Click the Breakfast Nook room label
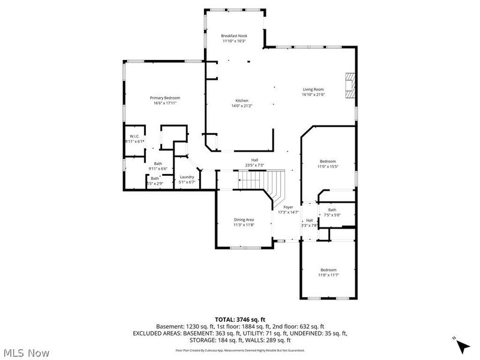(x=234, y=36)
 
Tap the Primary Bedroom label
(x=165, y=98)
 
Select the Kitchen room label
(x=242, y=101)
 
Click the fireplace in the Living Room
(x=350, y=85)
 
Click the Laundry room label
(x=187, y=177)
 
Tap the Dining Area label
(x=244, y=220)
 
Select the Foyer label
(x=288, y=207)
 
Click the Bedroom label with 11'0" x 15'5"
(x=328, y=161)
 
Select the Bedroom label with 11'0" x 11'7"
(x=328, y=269)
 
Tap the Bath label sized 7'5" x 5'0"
(x=332, y=209)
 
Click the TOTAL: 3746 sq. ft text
(x=240, y=319)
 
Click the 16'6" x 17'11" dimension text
(x=165, y=103)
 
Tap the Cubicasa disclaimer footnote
(x=240, y=350)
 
